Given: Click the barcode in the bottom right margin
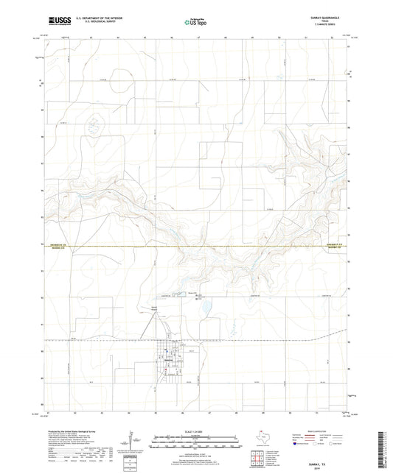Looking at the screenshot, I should coord(383,448).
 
